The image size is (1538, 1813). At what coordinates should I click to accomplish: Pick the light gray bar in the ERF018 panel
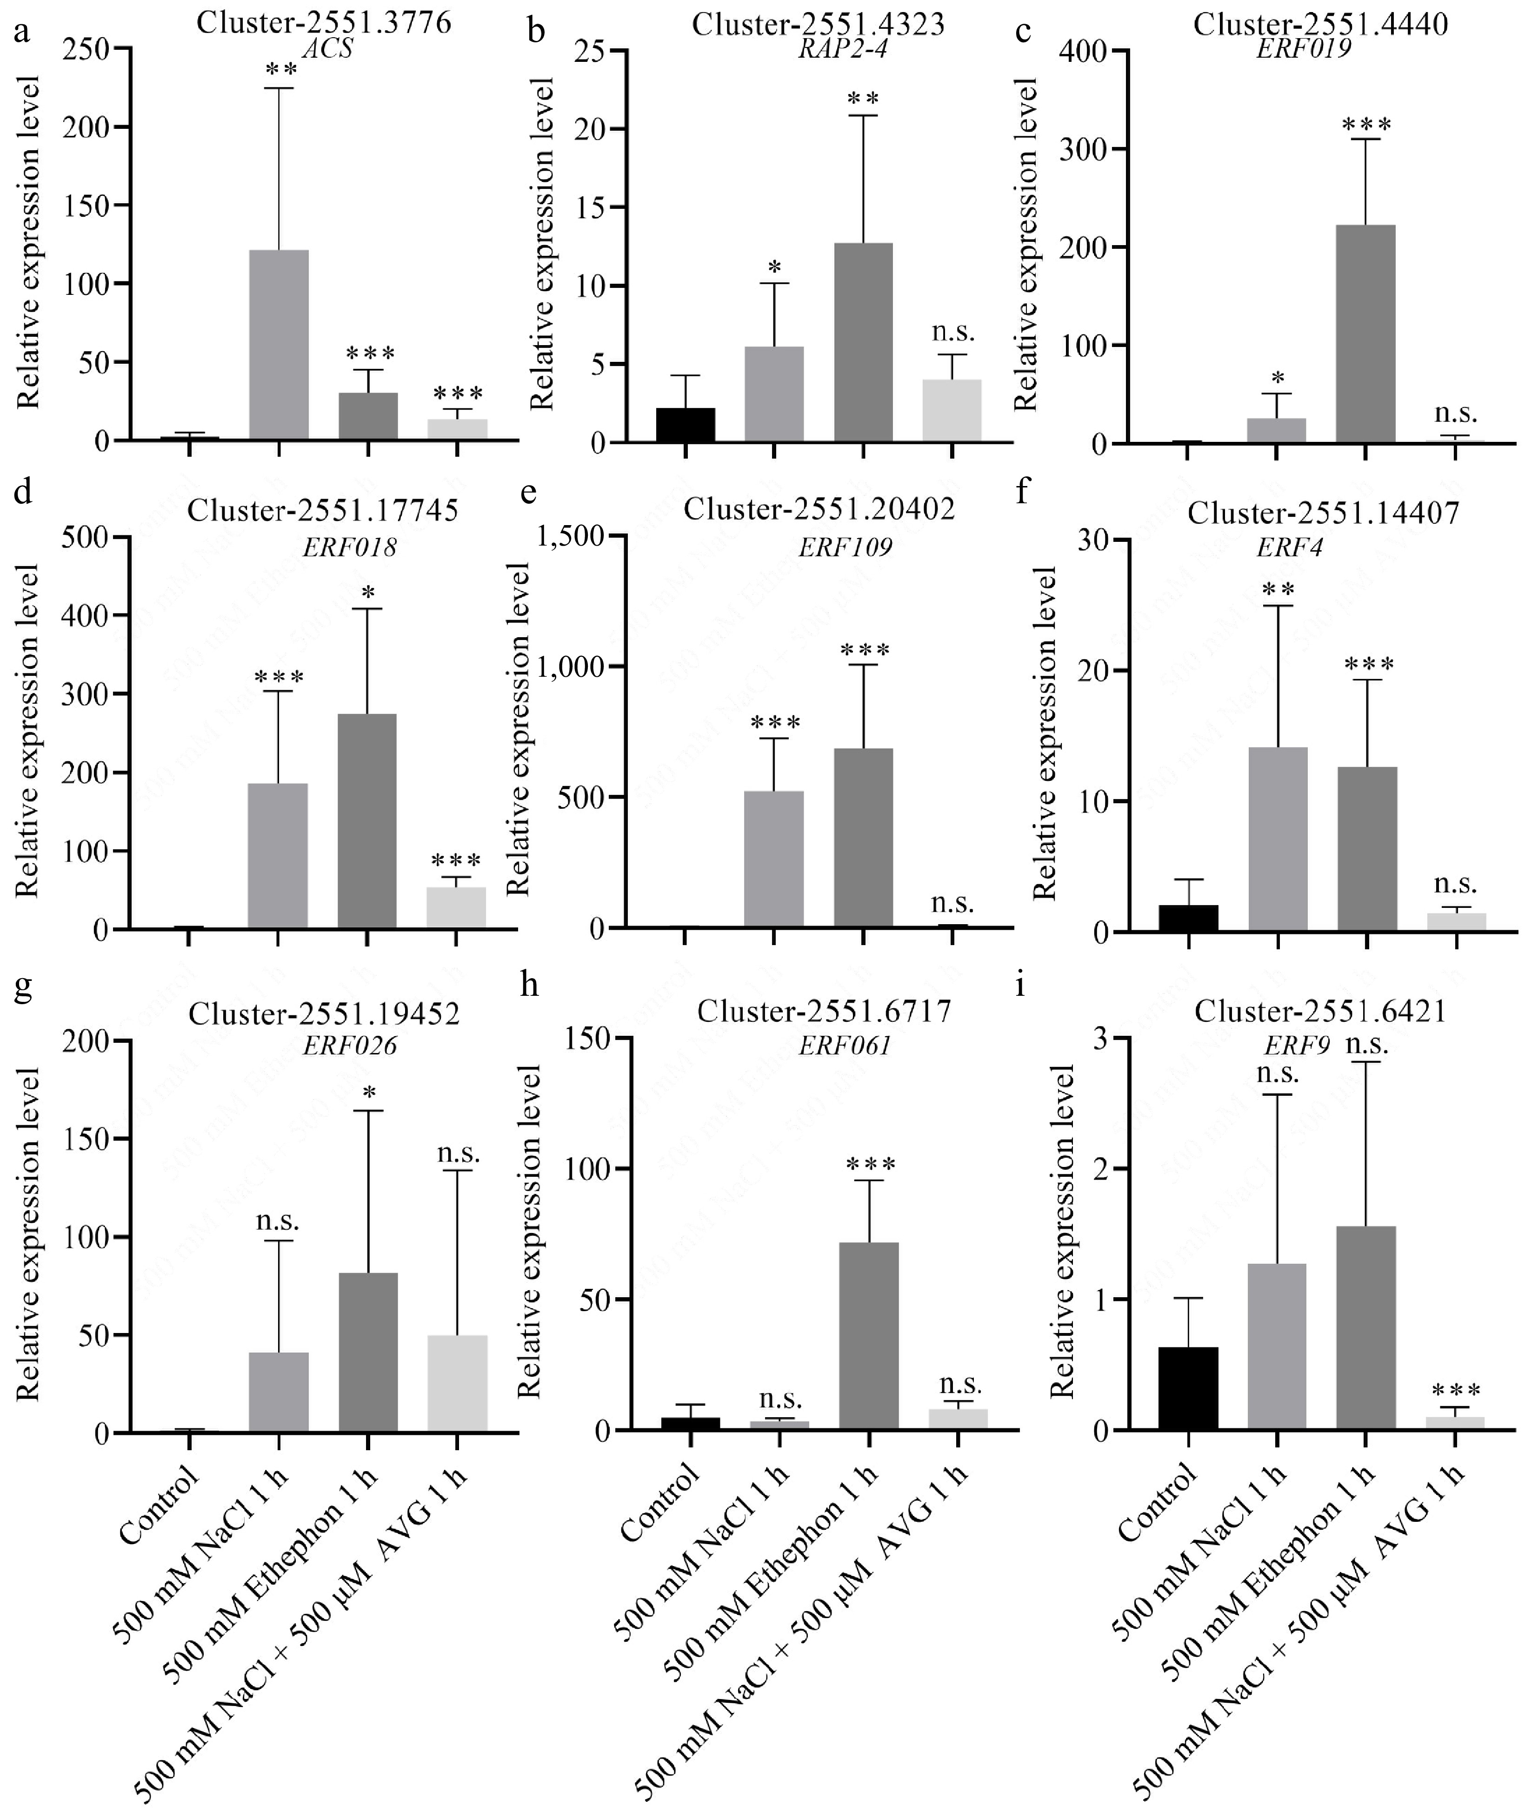tap(456, 907)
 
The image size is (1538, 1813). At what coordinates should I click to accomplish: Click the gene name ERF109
tap(845, 547)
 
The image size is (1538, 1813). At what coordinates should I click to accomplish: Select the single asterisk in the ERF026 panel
tap(369, 1093)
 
